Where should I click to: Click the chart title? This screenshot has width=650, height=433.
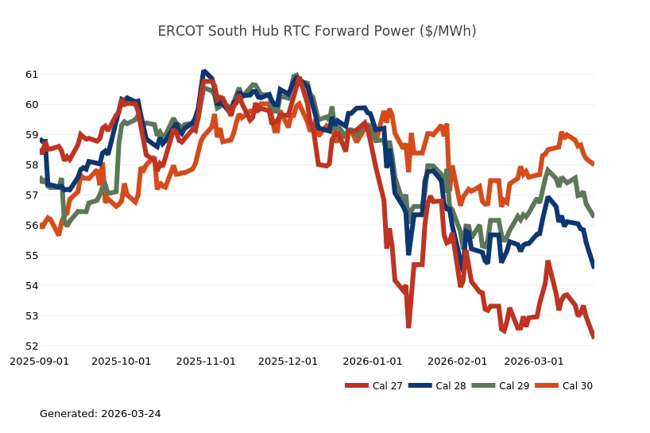click(x=317, y=31)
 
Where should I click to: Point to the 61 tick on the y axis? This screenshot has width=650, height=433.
click(x=32, y=75)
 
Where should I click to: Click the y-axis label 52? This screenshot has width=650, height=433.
click(x=32, y=346)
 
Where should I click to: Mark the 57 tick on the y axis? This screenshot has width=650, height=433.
click(x=32, y=195)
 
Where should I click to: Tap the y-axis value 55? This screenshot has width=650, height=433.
click(x=32, y=256)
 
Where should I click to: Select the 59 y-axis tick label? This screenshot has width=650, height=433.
click(x=32, y=135)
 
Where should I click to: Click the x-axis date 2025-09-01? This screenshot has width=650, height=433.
click(x=39, y=361)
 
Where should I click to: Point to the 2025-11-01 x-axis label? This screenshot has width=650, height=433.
click(x=206, y=361)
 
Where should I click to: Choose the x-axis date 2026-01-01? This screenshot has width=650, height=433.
click(x=373, y=361)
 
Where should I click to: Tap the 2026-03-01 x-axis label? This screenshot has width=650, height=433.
click(x=534, y=361)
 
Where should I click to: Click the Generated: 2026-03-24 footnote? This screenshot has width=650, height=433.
click(x=100, y=414)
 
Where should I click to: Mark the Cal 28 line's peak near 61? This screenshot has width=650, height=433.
click(x=204, y=72)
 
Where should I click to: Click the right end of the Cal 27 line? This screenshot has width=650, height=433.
click(x=594, y=337)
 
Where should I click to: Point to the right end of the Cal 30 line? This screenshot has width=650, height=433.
click(x=594, y=164)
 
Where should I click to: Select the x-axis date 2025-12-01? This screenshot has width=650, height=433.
click(x=288, y=361)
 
